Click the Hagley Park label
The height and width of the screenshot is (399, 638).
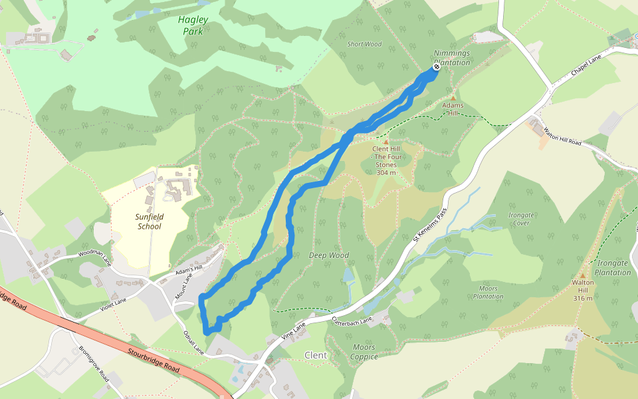(193, 25)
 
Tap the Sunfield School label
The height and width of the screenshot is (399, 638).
(149, 221)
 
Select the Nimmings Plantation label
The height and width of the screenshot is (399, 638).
(452, 58)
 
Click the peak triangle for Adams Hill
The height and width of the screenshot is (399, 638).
(453, 98)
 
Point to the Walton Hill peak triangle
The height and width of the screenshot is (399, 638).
(583, 275)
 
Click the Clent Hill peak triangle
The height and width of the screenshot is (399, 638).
(385, 142)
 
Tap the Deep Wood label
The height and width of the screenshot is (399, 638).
(329, 255)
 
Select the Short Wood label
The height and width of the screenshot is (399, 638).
(364, 45)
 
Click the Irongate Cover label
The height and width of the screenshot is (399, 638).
(521, 219)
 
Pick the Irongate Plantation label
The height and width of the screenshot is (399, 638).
(613, 268)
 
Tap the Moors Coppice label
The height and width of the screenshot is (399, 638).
(364, 352)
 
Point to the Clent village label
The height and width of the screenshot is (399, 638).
(316, 355)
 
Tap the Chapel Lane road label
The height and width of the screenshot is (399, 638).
(586, 65)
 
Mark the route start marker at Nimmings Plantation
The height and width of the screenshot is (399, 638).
(437, 67)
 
